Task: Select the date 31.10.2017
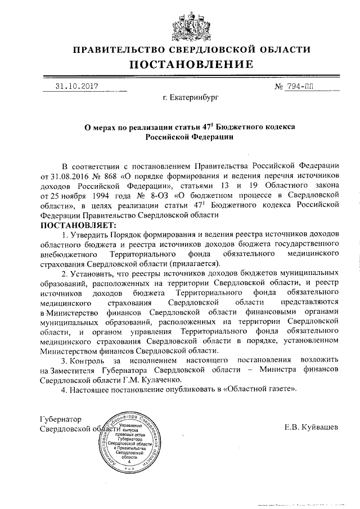coord(77,87)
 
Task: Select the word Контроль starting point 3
coord(89,359)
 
